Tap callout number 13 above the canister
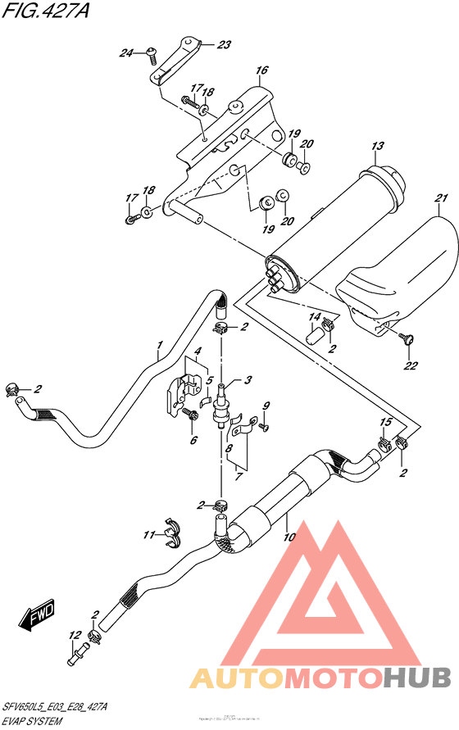tap(377, 147)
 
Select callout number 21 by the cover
tap(442, 199)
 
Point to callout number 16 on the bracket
tap(261, 71)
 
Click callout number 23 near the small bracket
tap(224, 45)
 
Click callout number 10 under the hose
tap(288, 537)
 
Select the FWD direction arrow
tap(38, 616)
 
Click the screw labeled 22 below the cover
tap(404, 337)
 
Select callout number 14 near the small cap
tap(313, 316)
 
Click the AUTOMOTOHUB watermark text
tap(320, 678)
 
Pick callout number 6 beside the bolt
tap(194, 440)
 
